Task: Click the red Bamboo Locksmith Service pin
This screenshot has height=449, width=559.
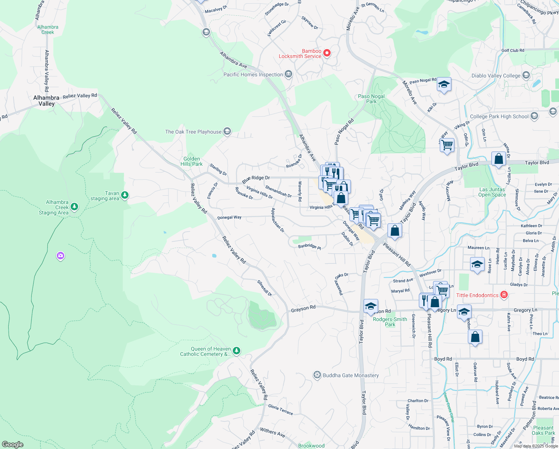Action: (327, 53)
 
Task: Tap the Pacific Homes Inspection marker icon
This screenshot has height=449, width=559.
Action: (288, 74)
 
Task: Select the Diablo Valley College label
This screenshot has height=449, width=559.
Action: (496, 76)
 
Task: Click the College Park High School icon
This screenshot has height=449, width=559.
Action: (534, 116)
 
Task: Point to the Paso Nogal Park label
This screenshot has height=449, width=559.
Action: (371, 99)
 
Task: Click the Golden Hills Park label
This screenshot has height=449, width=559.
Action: (192, 161)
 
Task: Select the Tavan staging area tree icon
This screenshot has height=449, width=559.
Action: (125, 195)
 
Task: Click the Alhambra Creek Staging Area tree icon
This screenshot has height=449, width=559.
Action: (74, 207)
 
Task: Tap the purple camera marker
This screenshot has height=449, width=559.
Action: (61, 256)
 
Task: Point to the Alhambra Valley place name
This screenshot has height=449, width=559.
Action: (46, 101)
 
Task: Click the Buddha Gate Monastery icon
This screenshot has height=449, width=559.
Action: (317, 375)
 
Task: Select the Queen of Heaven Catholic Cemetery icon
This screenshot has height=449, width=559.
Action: (236, 351)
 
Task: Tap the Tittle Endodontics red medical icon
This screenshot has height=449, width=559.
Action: (504, 295)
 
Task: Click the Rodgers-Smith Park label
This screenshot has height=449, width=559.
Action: (390, 322)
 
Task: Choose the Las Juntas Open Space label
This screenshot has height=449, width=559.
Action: (492, 192)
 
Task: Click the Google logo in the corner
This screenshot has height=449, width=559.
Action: (12, 444)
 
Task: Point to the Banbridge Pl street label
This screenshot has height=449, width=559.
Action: (309, 246)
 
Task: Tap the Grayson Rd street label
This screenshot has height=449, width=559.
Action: (303, 308)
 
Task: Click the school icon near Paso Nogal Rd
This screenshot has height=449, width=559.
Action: (444, 85)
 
